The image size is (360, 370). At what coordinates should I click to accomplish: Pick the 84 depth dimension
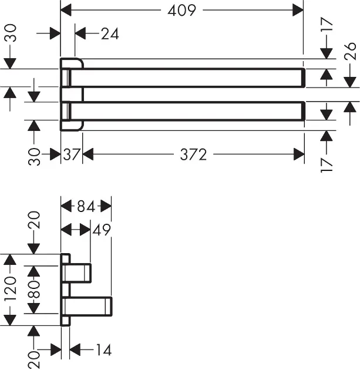[x=86, y=207]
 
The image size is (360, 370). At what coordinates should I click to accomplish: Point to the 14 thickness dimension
[x=102, y=351]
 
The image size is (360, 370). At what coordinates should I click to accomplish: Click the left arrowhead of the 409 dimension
[x=66, y=9]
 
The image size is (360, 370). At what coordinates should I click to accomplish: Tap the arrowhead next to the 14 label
[x=75, y=351]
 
